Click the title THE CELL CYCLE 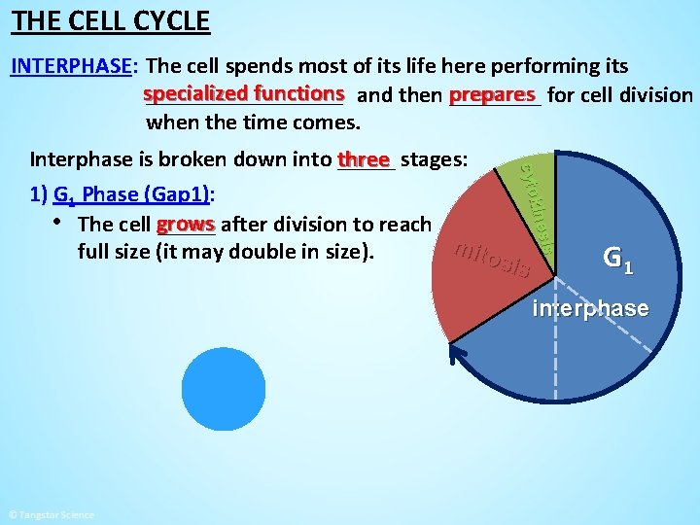pyautogui.click(x=111, y=19)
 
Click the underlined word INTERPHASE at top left pyautogui.click(x=71, y=66)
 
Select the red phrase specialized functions pyautogui.click(x=243, y=94)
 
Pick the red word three pyautogui.click(x=363, y=158)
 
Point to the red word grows pyautogui.click(x=185, y=224)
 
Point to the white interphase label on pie pyautogui.click(x=590, y=309)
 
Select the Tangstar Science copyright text pyautogui.click(x=51, y=514)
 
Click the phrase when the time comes pyautogui.click(x=253, y=123)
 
